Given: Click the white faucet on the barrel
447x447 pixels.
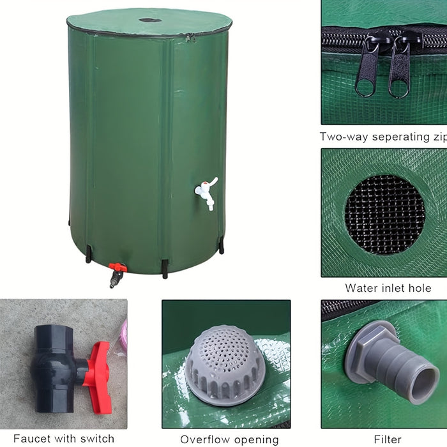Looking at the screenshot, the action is [x=206, y=192].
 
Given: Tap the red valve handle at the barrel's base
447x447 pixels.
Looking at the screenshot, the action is [x=117, y=267].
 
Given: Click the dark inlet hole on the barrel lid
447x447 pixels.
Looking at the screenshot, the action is [x=150, y=20].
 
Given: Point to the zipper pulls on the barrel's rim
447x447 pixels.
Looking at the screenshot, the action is [x=191, y=37].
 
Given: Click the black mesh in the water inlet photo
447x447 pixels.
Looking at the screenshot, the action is [x=384, y=215].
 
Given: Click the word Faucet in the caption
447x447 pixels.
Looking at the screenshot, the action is [x=31, y=438].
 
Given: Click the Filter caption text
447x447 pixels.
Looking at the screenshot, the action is [x=388, y=439].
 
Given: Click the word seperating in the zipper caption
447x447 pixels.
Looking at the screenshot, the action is [x=400, y=137].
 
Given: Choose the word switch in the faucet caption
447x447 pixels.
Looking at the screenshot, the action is [x=97, y=438].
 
